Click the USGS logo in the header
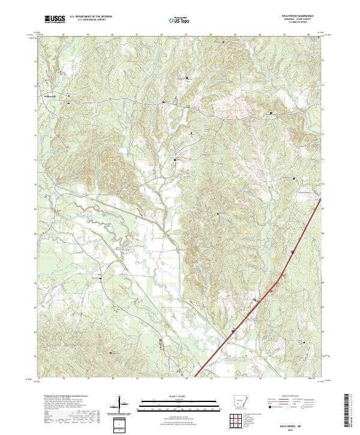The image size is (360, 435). [x=55, y=20]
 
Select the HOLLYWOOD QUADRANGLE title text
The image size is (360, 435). [x=296, y=16]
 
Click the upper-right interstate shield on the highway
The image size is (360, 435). [x=293, y=253]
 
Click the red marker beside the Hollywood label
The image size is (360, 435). [x=68, y=95]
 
